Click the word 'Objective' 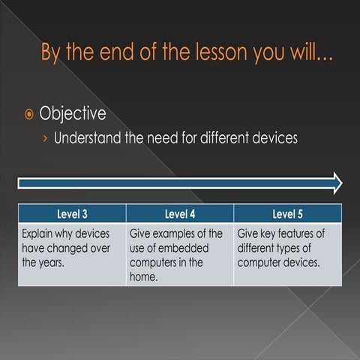pos(73,114)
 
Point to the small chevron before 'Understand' pos(45,139)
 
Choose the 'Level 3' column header pos(72,213)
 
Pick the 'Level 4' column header pos(180,213)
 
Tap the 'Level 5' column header pos(288,213)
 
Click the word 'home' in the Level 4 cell pos(145,277)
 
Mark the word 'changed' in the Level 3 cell pos(69,248)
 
